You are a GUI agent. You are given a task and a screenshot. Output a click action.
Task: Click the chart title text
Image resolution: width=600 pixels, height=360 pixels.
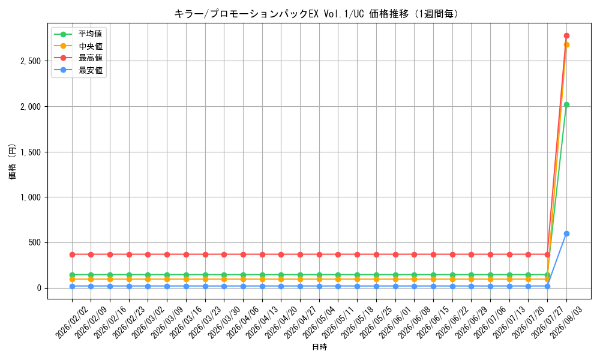click(x=316, y=14)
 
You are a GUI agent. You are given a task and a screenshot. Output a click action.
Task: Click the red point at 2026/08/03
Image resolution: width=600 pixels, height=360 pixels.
click(x=566, y=35)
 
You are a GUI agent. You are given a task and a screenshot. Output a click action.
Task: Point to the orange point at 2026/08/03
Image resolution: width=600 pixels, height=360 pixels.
click(x=566, y=45)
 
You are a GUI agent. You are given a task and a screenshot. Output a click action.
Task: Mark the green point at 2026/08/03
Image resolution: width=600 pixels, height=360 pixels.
click(x=566, y=105)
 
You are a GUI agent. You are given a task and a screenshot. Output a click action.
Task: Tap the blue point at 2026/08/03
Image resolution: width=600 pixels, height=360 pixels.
click(x=566, y=234)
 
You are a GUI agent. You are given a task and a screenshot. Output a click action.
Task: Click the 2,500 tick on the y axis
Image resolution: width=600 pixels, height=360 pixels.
click(x=31, y=61)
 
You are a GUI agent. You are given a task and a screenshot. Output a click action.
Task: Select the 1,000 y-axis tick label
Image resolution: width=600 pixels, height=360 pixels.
click(x=31, y=197)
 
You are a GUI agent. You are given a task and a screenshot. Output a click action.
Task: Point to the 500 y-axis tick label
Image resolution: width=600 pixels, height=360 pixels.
click(x=34, y=243)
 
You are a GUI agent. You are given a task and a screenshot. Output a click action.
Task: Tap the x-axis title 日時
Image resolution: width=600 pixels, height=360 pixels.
click(x=320, y=347)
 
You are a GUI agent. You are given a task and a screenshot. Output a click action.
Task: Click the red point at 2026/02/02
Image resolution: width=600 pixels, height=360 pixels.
click(x=73, y=254)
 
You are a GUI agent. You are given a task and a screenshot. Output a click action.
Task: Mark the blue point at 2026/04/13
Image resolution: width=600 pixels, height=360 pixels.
click(x=263, y=286)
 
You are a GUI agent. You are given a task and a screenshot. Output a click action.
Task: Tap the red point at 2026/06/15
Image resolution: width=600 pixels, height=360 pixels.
click(x=434, y=254)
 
